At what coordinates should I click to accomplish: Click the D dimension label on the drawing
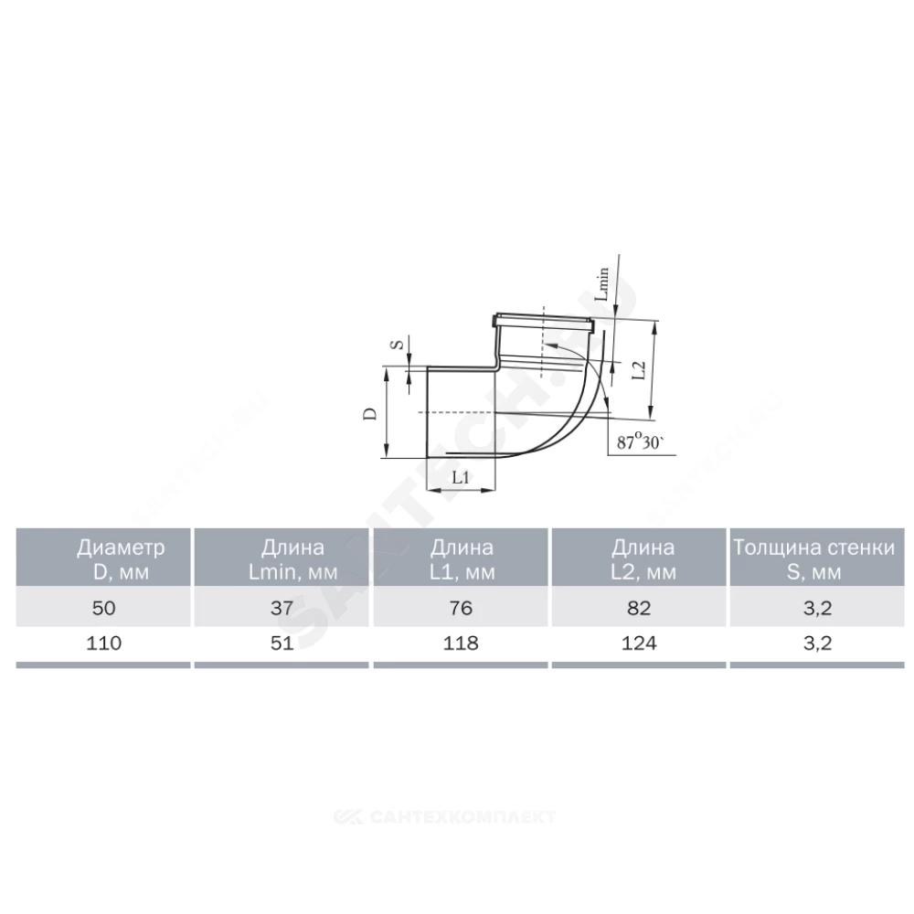coord(370,413)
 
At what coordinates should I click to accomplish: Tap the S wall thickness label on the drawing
coord(398,345)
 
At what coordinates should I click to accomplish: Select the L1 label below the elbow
coord(461,477)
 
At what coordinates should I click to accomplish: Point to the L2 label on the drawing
coord(640,370)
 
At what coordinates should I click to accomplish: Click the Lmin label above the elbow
coord(602,284)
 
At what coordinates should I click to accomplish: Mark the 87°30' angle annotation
coord(641,442)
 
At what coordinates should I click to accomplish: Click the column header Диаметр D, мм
coord(121,559)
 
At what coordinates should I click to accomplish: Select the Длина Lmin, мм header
coord(292,559)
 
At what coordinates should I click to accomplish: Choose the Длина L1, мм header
coord(462,559)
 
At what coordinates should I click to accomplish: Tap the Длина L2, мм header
coord(643,559)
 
